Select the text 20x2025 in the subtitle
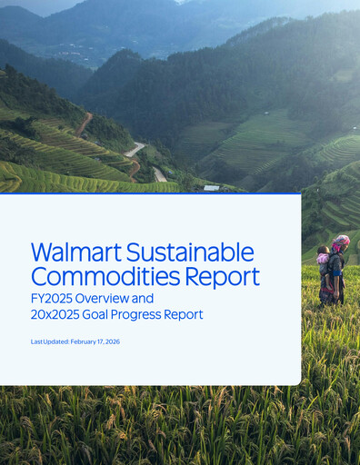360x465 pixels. tap(60, 314)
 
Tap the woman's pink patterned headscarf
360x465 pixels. tap(339, 242)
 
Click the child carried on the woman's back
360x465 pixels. tap(324, 258)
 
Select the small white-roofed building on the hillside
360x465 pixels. tap(211, 188)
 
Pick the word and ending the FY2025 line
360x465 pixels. tap(144, 298)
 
